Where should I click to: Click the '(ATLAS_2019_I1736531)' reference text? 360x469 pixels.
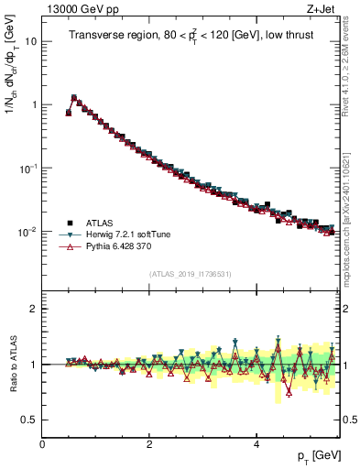tap(191, 274)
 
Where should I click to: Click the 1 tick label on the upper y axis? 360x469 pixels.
tap(33, 104)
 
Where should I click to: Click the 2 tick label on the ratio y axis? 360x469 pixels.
tap(33, 309)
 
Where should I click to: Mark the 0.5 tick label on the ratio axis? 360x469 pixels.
tap(29, 420)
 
